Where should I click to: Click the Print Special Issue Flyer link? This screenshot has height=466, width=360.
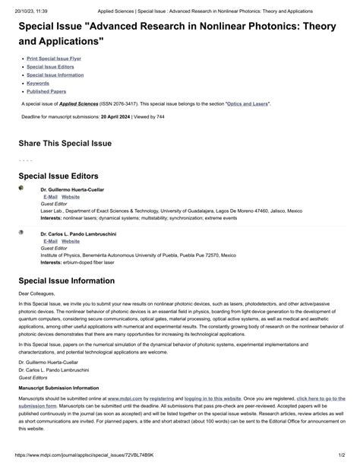(x=54, y=58)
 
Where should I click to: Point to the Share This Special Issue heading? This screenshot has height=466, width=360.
(x=65, y=143)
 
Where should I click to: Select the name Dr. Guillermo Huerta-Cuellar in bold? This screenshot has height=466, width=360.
(x=72, y=189)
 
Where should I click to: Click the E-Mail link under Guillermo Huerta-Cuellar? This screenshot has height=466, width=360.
(x=51, y=196)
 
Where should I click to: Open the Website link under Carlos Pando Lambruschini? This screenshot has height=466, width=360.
(x=70, y=241)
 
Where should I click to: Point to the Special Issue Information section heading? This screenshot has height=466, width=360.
(x=74, y=281)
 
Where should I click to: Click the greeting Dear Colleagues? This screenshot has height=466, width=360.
(x=38, y=293)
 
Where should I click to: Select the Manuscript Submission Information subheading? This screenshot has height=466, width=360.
(x=64, y=388)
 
